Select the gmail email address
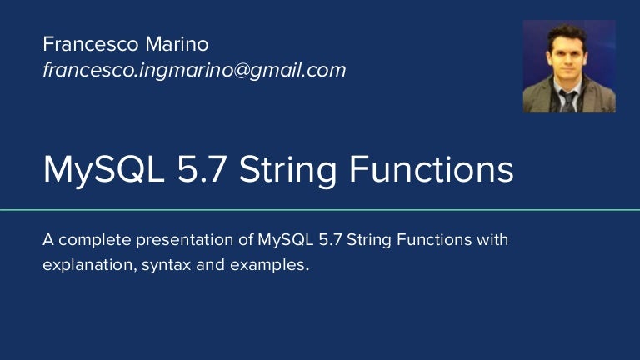coord(193,71)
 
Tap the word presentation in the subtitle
coord(182,241)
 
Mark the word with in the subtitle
coord(490,241)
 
